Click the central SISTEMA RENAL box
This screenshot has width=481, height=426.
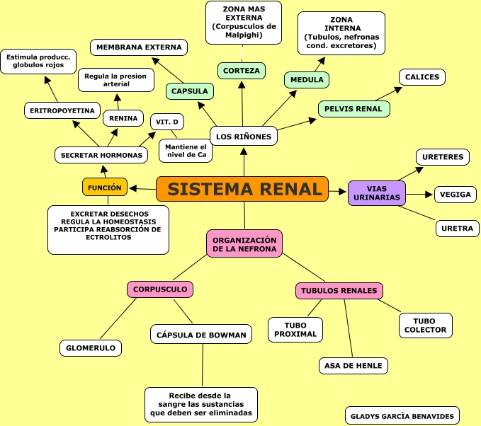tap(242, 189)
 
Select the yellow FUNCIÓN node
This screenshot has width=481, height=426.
tap(105, 188)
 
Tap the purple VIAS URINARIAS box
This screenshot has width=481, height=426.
tap(377, 193)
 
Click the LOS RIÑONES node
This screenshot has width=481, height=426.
tap(244, 136)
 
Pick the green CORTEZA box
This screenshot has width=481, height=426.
tap(242, 70)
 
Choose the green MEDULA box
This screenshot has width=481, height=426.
tap(307, 80)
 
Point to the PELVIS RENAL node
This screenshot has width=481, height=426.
tap(354, 109)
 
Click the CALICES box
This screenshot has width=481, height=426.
tap(422, 77)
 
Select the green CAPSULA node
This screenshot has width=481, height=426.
tap(190, 91)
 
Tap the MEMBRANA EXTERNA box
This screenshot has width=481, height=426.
tap(139, 47)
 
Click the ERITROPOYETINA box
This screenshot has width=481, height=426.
tap(62, 110)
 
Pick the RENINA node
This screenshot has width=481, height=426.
tap(124, 118)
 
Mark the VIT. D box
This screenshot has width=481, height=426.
tap(167, 122)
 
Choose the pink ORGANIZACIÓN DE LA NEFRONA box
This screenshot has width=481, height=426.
tap(244, 243)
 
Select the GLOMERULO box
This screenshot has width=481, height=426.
tap(91, 348)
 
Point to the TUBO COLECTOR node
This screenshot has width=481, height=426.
tap(425, 326)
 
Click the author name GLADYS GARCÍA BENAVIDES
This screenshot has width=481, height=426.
tap(402, 416)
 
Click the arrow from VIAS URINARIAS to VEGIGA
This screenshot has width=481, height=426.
tap(421, 194)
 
